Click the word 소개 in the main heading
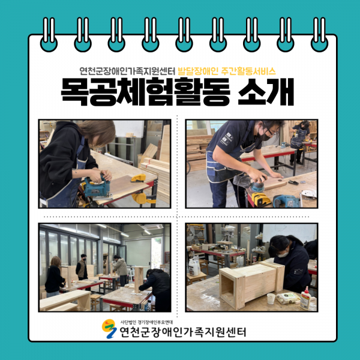point(266,92)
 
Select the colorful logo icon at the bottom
point(109,329)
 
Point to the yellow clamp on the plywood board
point(138,178)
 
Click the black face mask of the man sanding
point(265,136)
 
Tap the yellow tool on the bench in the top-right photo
point(260,199)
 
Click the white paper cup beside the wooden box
point(271,298)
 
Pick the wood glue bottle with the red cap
point(305,298)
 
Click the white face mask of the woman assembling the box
point(283,254)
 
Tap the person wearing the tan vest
point(82,268)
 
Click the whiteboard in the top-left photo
point(129,129)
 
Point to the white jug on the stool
point(194,267)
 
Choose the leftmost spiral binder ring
point(49,34)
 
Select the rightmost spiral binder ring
point(319,34)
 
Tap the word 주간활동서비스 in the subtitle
point(248,71)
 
